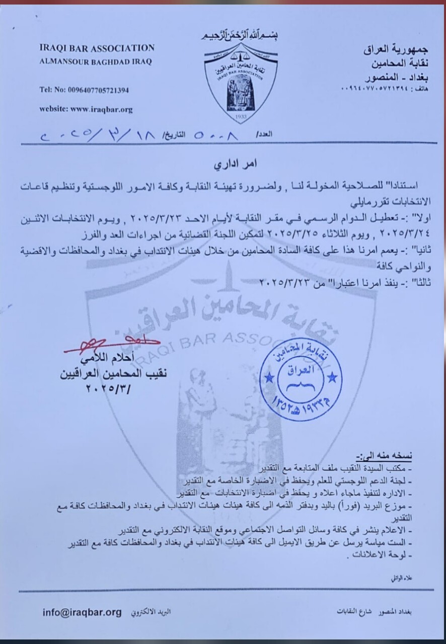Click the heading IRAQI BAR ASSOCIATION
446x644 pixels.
pyautogui.click(x=97, y=48)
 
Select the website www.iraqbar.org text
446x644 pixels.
pyautogui.click(x=86, y=108)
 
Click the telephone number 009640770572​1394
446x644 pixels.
pyautogui.click(x=84, y=90)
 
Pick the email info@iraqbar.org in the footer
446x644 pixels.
pyautogui.click(x=82, y=612)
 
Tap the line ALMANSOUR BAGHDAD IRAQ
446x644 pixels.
pyautogui.click(x=95, y=62)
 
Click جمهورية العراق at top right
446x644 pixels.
pyautogui.click(x=396, y=50)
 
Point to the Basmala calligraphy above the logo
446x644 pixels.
pyautogui.click(x=240, y=36)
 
